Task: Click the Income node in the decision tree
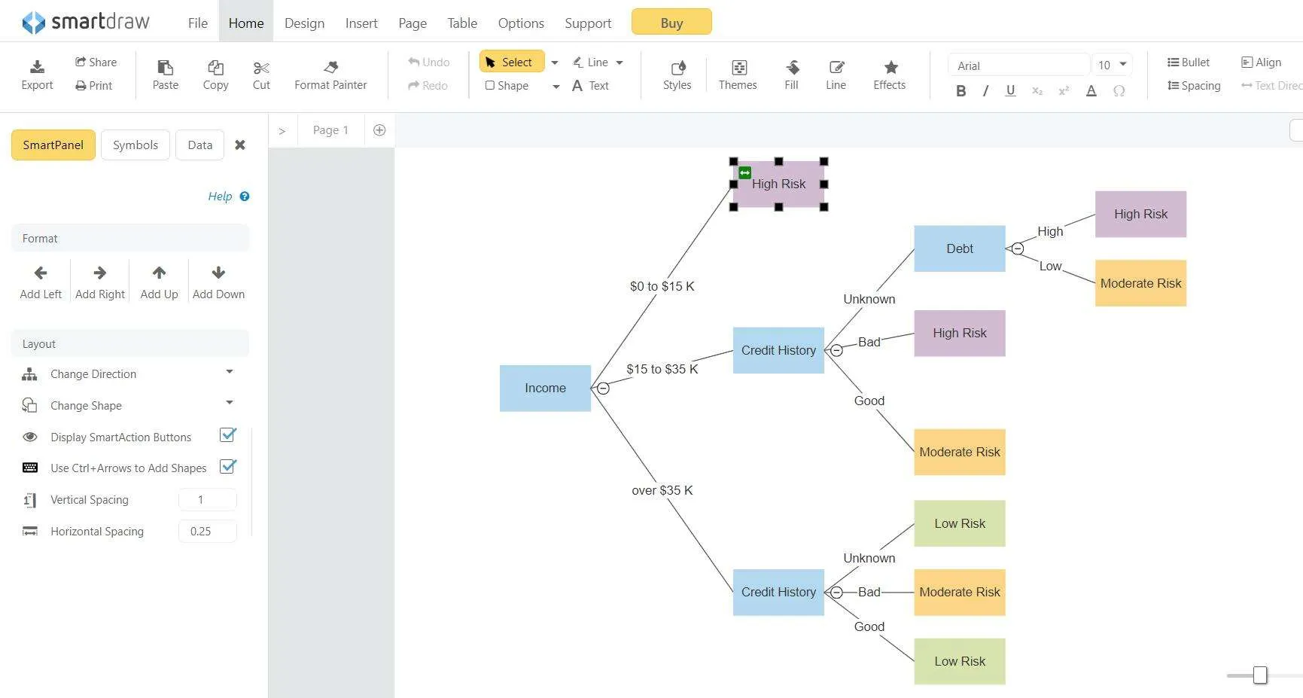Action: click(x=545, y=388)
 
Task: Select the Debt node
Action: click(x=960, y=248)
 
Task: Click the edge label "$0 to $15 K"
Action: click(x=662, y=286)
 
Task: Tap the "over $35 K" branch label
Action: click(x=662, y=490)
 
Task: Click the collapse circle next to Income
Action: click(x=603, y=389)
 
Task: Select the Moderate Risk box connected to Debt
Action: click(x=1140, y=283)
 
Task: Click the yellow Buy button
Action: click(x=671, y=23)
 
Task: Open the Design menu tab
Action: click(x=304, y=23)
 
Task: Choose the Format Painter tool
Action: click(x=330, y=75)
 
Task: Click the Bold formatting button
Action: click(x=961, y=91)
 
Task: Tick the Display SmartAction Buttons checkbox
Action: click(x=227, y=435)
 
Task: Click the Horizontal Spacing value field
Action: click(x=207, y=531)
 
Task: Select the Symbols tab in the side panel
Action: click(x=135, y=145)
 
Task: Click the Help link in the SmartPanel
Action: click(x=220, y=197)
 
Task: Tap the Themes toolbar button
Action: click(x=738, y=75)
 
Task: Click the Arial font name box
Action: click(x=1018, y=66)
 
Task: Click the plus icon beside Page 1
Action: click(x=379, y=130)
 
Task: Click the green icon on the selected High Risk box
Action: click(x=744, y=172)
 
